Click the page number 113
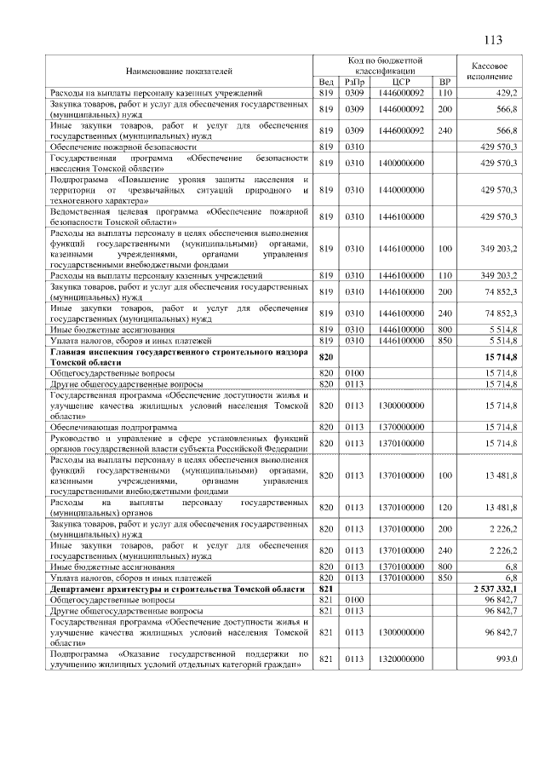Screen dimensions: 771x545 (493, 40)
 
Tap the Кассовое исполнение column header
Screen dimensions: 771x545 (490, 71)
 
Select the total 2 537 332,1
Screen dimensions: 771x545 (496, 590)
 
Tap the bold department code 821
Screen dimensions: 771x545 (325, 590)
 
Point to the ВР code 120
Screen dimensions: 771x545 (444, 508)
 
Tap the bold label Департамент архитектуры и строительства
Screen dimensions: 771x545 (176, 590)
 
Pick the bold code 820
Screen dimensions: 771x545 (325, 356)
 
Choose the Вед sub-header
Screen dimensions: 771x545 (325, 81)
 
